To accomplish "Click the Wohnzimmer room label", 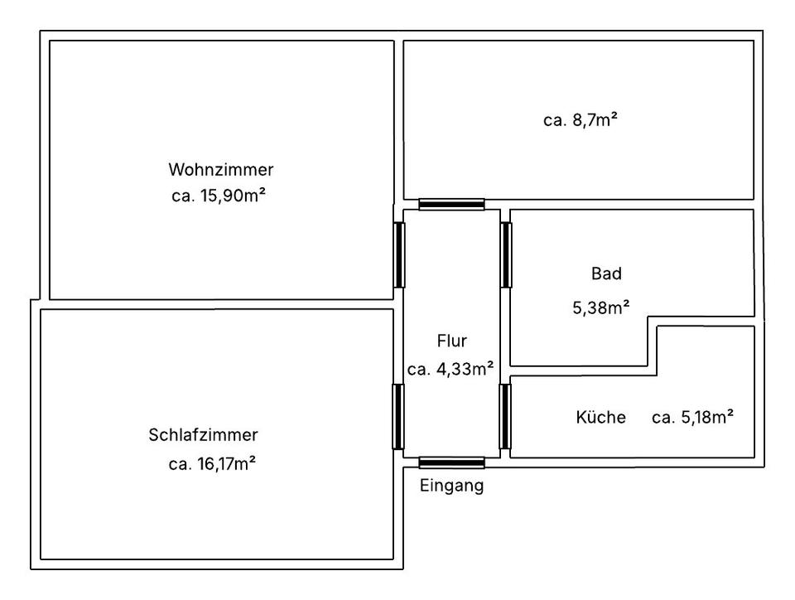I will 221,170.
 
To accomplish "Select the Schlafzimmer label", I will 204,435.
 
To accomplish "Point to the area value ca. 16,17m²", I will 212,464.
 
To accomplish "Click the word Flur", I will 452,341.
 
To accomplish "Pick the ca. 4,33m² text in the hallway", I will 451,370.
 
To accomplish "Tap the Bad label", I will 606,273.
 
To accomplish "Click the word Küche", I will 600,418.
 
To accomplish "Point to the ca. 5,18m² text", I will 692,418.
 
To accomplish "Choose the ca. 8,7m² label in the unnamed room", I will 581,120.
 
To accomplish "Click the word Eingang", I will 451,486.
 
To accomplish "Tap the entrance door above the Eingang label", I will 451,462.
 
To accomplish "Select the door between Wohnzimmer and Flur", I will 398,254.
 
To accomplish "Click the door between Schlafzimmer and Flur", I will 398,416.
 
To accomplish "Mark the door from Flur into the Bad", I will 505,254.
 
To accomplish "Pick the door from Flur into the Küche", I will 505,416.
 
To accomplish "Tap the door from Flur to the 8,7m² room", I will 451,204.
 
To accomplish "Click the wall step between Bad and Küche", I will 653,341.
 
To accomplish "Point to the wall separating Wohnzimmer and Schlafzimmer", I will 215,304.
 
